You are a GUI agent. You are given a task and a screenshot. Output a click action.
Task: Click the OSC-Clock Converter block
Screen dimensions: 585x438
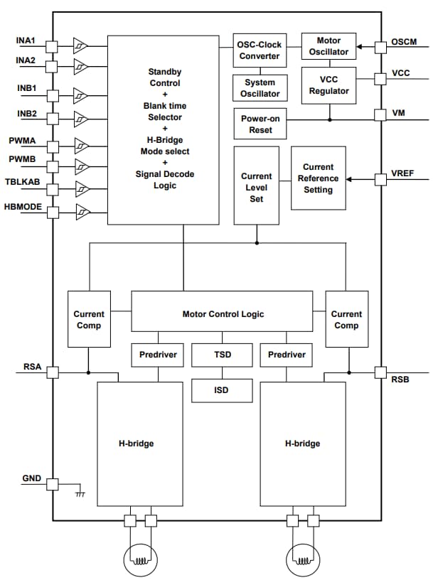pyautogui.click(x=259, y=50)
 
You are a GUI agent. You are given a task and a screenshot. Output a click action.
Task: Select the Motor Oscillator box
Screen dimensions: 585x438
pyautogui.click(x=328, y=47)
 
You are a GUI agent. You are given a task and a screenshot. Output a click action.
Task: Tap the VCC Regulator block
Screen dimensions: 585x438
pyautogui.click(x=328, y=85)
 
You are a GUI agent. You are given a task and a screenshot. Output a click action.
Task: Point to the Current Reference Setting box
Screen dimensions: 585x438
pyautogui.click(x=318, y=178)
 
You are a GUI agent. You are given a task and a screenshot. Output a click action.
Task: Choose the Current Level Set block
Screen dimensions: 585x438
pyautogui.click(x=256, y=187)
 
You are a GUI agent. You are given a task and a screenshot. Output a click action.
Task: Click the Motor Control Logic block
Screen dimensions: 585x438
pyautogui.click(x=222, y=313)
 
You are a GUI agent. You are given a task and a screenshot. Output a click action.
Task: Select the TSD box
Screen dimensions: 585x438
pyautogui.click(x=222, y=354)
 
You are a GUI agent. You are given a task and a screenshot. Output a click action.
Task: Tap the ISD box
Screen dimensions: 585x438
pyautogui.click(x=222, y=390)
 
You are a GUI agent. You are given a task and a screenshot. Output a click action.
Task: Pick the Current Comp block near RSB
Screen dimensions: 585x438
pyautogui.click(x=346, y=319)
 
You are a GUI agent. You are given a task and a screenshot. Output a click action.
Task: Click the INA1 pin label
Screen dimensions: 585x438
pyautogui.click(x=26, y=41)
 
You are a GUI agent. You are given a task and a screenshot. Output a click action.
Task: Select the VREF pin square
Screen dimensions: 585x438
pyautogui.click(x=380, y=178)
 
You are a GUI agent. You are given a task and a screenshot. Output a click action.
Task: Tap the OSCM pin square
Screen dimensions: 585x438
pyautogui.click(x=380, y=47)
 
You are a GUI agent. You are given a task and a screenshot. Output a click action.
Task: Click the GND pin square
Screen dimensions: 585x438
pyautogui.click(x=52, y=484)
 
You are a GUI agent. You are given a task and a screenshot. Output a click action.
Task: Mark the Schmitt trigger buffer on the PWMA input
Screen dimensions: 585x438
pyautogui.click(x=82, y=145)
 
